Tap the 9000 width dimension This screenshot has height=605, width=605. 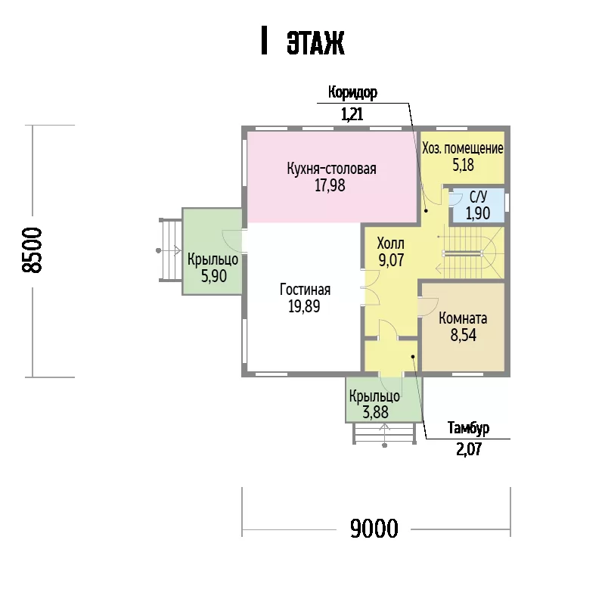tap(374, 528)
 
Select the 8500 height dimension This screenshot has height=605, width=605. tap(32, 250)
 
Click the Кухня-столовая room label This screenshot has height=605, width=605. tap(331, 169)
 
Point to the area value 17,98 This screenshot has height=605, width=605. tap(330, 185)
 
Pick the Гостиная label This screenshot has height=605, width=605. tap(306, 290)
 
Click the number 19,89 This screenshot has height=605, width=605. tap(304, 306)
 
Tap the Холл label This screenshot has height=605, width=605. tap(390, 244)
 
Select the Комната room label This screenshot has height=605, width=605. tap(463, 318)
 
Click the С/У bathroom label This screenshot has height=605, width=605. tap(478, 197)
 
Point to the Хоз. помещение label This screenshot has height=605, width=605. tap(463, 148)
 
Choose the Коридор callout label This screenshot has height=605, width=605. tap(352, 92)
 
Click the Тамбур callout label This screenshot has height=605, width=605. tap(468, 428)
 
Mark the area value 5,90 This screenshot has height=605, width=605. tap(214, 276)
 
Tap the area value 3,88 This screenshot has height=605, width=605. tap(375, 412)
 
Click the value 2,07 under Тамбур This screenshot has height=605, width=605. tap(469, 449)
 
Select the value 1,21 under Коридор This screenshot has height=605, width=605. tap(352, 114)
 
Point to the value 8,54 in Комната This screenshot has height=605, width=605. tap(463, 335)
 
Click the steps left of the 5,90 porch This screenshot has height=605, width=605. tap(170, 250)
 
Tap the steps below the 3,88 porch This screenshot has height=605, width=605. tap(385, 433)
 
